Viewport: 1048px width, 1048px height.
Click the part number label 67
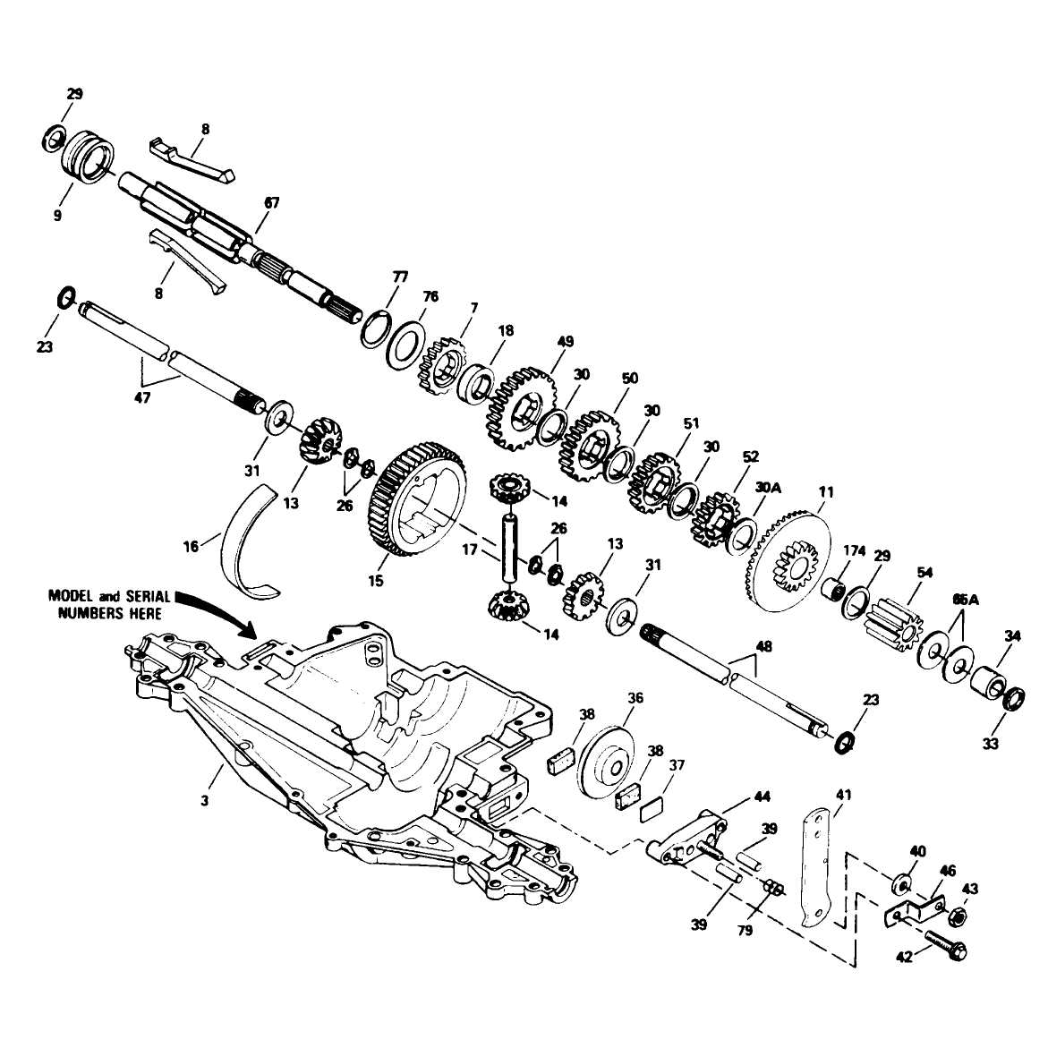coord(272,202)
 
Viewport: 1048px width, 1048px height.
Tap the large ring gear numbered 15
coord(416,498)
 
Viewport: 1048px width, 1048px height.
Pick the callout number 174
coord(854,550)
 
